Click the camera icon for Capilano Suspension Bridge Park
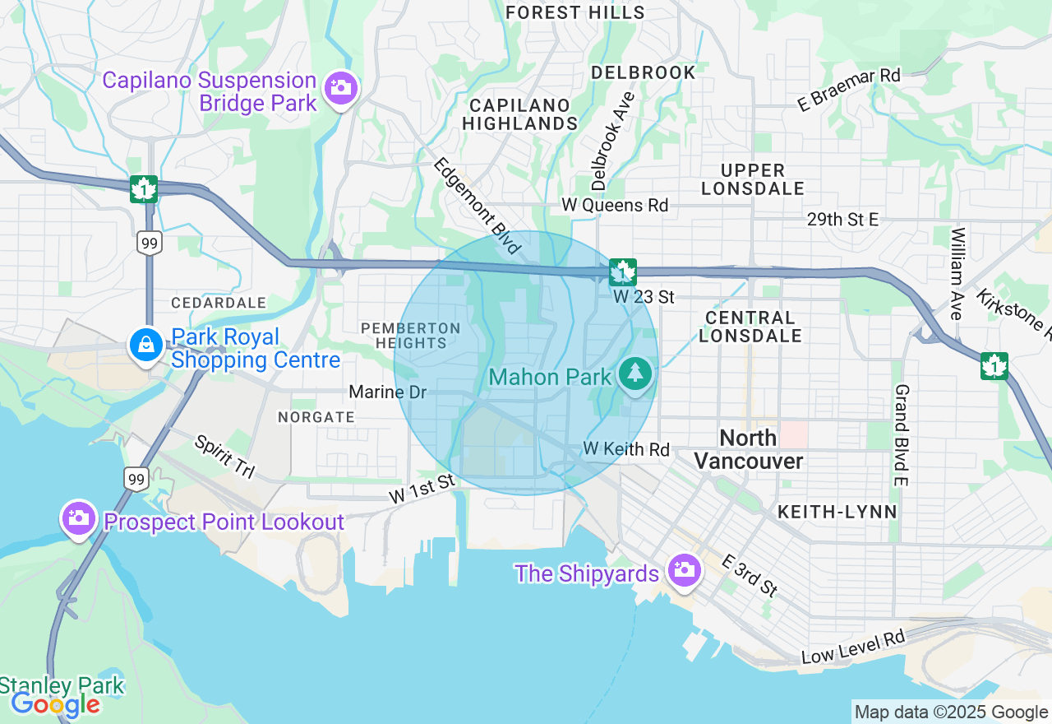tap(339, 88)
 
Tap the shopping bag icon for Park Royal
tap(145, 346)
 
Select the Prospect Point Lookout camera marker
tap(79, 518)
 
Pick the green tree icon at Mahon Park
tap(634, 375)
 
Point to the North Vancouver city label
tap(748, 449)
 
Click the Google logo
tap(55, 704)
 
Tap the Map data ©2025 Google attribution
tap(951, 712)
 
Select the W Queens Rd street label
tap(615, 205)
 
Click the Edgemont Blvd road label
tap(478, 206)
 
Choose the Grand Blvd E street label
tap(901, 434)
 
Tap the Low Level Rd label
tap(853, 648)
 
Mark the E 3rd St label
tap(750, 575)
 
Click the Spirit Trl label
tap(224, 457)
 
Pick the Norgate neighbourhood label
tap(316, 417)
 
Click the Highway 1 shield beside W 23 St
tap(623, 271)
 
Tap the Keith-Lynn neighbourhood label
tap(837, 512)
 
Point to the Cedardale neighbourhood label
tap(219, 303)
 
